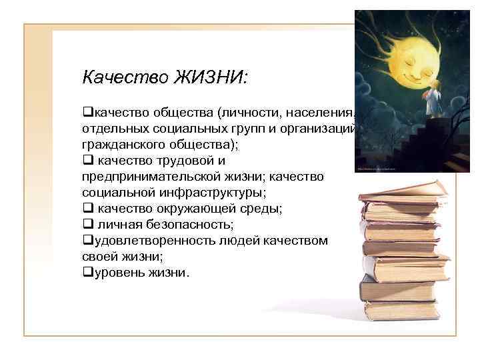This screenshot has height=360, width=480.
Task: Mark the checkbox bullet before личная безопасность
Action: tap(87, 225)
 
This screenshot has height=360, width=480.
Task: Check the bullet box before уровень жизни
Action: tap(87, 273)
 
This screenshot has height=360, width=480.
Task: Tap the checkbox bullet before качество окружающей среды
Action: tap(87, 209)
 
